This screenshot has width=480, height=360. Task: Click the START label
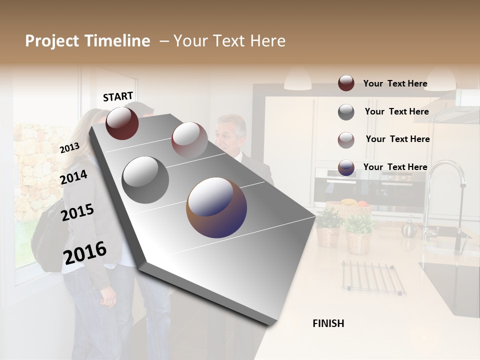pyautogui.click(x=118, y=96)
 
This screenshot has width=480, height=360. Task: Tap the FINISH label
pyautogui.click(x=328, y=323)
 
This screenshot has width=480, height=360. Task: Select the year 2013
pyautogui.click(x=69, y=147)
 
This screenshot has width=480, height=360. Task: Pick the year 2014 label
pyautogui.click(x=73, y=177)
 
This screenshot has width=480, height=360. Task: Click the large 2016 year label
pyautogui.click(x=85, y=252)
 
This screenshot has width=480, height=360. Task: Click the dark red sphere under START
pyautogui.click(x=122, y=123)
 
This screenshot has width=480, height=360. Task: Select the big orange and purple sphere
pyautogui.click(x=216, y=207)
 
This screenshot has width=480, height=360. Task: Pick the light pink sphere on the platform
pyautogui.click(x=189, y=139)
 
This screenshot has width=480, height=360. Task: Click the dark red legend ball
pyautogui.click(x=346, y=83)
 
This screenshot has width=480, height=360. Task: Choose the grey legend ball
pyautogui.click(x=346, y=112)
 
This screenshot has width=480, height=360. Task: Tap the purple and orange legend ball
pyautogui.click(x=346, y=168)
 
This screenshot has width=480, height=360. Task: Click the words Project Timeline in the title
pyautogui.click(x=87, y=41)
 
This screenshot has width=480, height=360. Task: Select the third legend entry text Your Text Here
pyautogui.click(x=397, y=139)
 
